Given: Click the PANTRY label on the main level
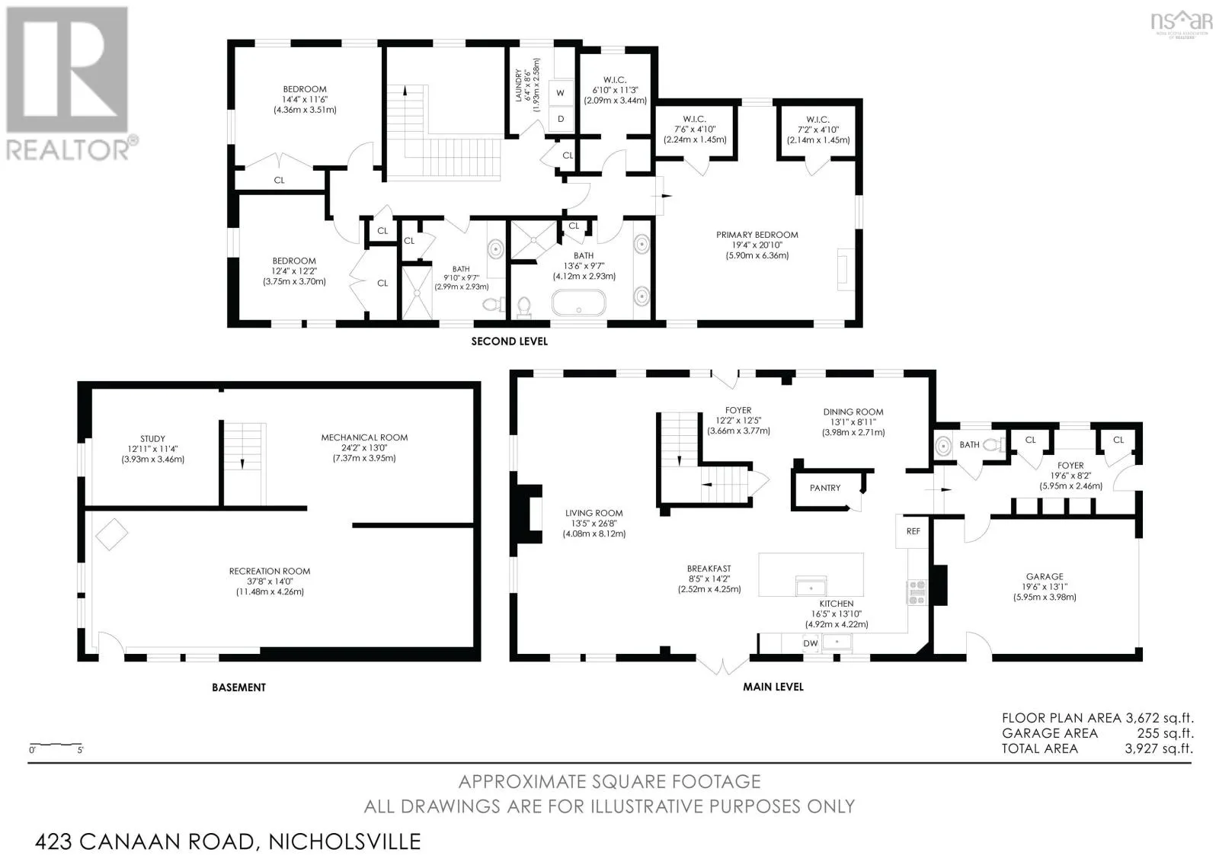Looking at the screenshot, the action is [825, 488].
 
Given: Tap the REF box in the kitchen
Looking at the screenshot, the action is [913, 531].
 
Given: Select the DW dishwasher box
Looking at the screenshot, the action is [811, 643].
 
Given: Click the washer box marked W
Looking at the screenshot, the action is [561, 92].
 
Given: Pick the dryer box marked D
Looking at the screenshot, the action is [561, 119].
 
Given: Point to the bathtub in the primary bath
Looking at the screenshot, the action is [578, 303].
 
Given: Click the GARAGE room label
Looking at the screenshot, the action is [1045, 576].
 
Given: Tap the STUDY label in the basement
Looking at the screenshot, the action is [152, 438].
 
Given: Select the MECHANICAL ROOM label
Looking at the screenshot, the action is [364, 437].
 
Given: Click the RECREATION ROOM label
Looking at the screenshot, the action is [270, 571].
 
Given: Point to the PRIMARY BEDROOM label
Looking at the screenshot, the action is [757, 235].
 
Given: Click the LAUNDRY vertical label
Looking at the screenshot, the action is [519, 85].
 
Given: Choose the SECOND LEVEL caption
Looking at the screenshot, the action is [510, 341].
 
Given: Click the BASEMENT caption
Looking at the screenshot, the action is [239, 687].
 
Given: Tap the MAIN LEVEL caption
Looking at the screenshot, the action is [773, 687].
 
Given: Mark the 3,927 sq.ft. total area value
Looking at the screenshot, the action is [1159, 748].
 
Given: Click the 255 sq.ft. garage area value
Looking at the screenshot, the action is [1165, 733].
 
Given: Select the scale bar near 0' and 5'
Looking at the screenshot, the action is [56, 744].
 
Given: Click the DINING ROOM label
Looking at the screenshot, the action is [853, 412].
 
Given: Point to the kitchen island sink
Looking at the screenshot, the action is [811, 586].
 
